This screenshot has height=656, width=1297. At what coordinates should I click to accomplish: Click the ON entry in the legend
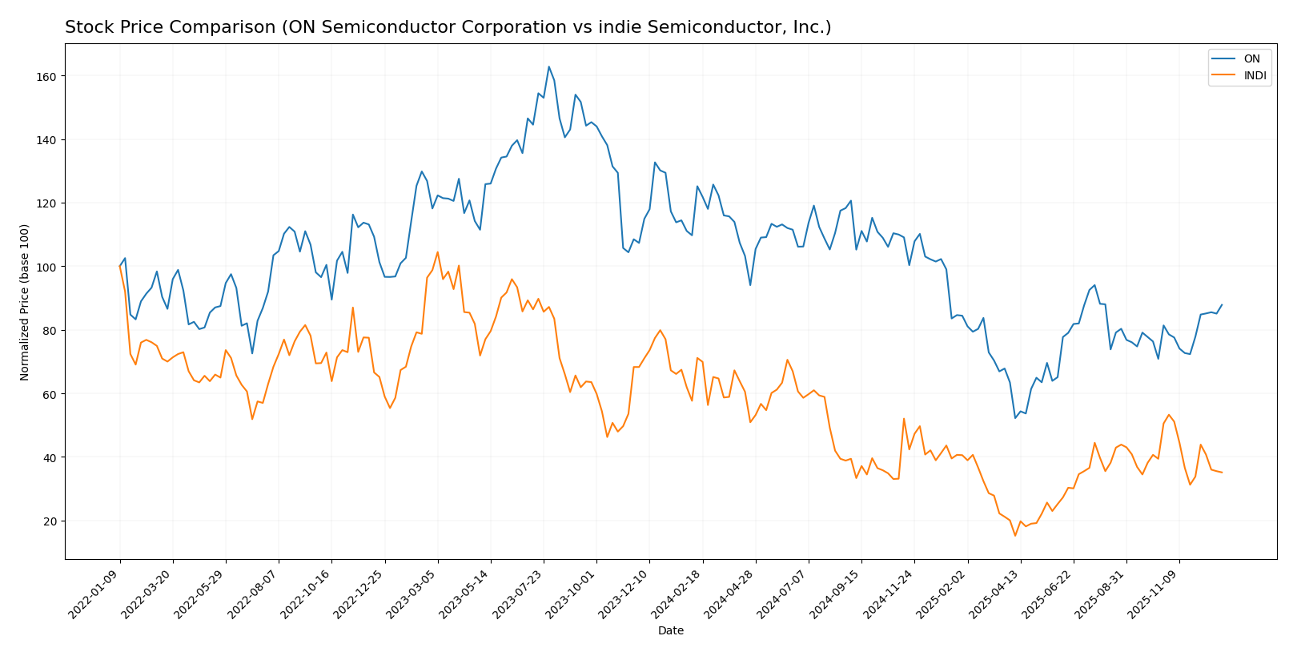1251,59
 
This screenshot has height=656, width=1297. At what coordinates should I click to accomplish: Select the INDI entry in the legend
1254,76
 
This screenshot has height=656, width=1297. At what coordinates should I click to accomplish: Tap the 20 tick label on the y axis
48,521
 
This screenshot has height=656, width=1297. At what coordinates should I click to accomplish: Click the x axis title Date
671,631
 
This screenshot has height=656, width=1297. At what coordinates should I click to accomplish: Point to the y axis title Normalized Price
25,302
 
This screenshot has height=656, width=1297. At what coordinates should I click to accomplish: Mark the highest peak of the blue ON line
548,66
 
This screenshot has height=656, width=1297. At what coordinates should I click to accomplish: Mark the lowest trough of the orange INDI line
1015,535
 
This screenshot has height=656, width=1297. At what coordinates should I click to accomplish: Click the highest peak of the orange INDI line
437,252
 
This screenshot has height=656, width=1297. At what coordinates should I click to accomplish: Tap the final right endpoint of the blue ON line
1222,304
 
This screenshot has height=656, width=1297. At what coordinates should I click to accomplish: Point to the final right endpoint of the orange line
1222,473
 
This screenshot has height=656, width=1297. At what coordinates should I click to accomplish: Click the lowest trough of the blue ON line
1015,418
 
